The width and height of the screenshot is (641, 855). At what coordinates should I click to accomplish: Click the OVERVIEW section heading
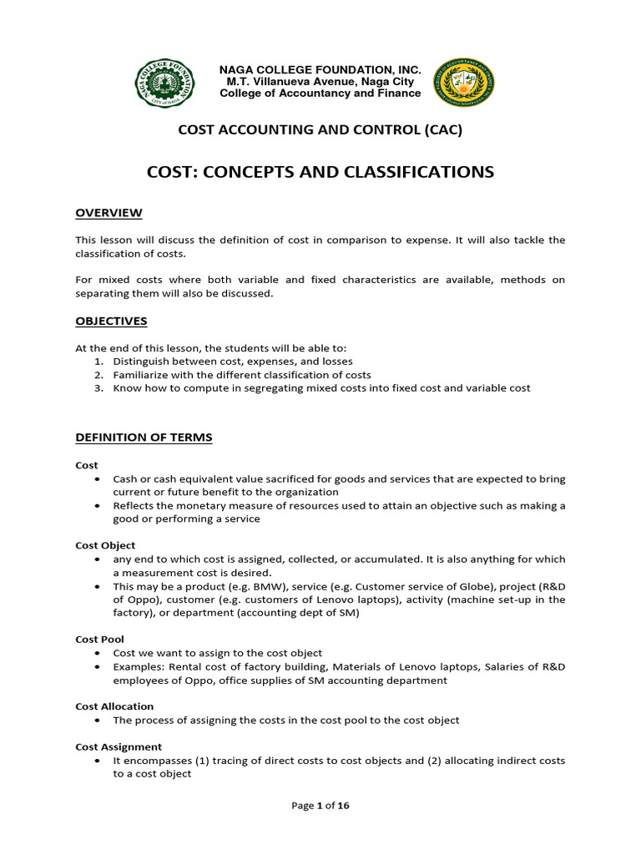(109, 213)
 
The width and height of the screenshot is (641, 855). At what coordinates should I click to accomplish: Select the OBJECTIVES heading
(111, 321)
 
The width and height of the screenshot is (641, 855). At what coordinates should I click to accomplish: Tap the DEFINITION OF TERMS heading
(144, 437)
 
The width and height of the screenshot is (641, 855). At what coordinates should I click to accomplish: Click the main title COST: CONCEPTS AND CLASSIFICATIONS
(320, 172)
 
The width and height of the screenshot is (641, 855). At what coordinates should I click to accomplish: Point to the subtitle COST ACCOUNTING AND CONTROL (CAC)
(320, 129)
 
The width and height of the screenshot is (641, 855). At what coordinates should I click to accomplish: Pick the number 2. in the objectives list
(98, 375)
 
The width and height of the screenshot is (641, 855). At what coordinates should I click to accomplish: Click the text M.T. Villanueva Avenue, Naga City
(320, 82)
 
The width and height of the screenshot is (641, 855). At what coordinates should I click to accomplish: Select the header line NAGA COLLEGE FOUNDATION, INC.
(320, 70)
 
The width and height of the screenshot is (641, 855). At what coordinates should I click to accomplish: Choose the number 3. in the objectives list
(98, 388)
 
